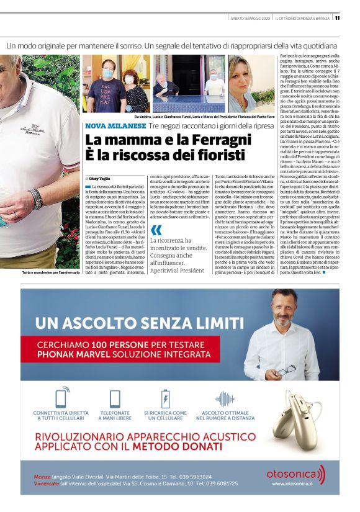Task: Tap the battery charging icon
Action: pos(166,398)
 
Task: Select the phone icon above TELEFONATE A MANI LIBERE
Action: pos(115,398)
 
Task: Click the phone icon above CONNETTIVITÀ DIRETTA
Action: pos(61,398)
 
